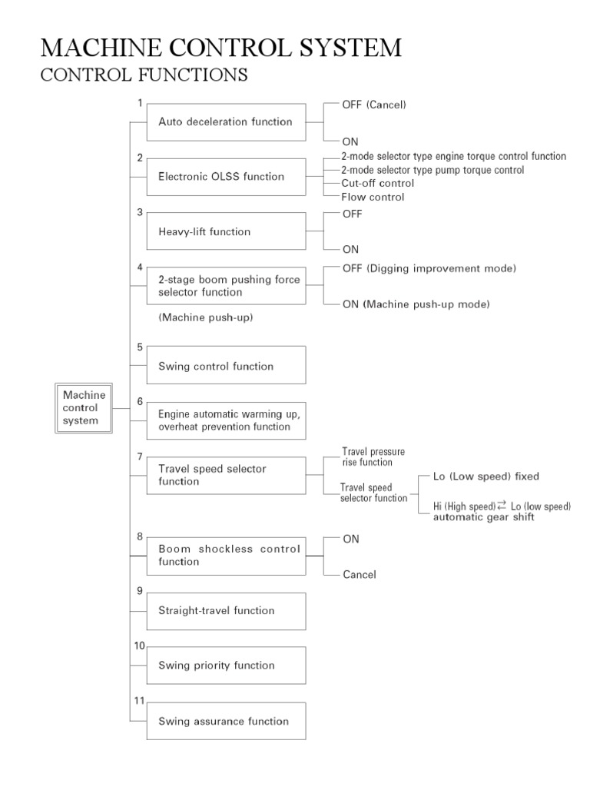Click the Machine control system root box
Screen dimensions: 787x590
coord(84,407)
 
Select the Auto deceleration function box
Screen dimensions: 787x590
coord(226,121)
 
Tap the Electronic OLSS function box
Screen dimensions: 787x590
coord(226,177)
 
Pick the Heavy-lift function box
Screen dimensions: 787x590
coord(226,232)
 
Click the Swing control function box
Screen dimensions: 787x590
coord(226,366)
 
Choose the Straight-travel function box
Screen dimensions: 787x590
coord(226,611)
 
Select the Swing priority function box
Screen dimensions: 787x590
coord(226,666)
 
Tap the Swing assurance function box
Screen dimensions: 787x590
coord(226,721)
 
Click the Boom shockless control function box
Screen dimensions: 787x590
coord(226,556)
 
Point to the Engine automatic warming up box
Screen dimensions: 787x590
coord(226,420)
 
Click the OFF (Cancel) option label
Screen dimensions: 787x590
coord(374,104)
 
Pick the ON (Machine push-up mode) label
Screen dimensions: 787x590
coord(416,304)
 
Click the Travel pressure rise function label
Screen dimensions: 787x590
coord(373,457)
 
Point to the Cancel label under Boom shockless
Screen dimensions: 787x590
coord(360,575)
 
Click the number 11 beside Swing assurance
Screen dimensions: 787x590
coord(140,700)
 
